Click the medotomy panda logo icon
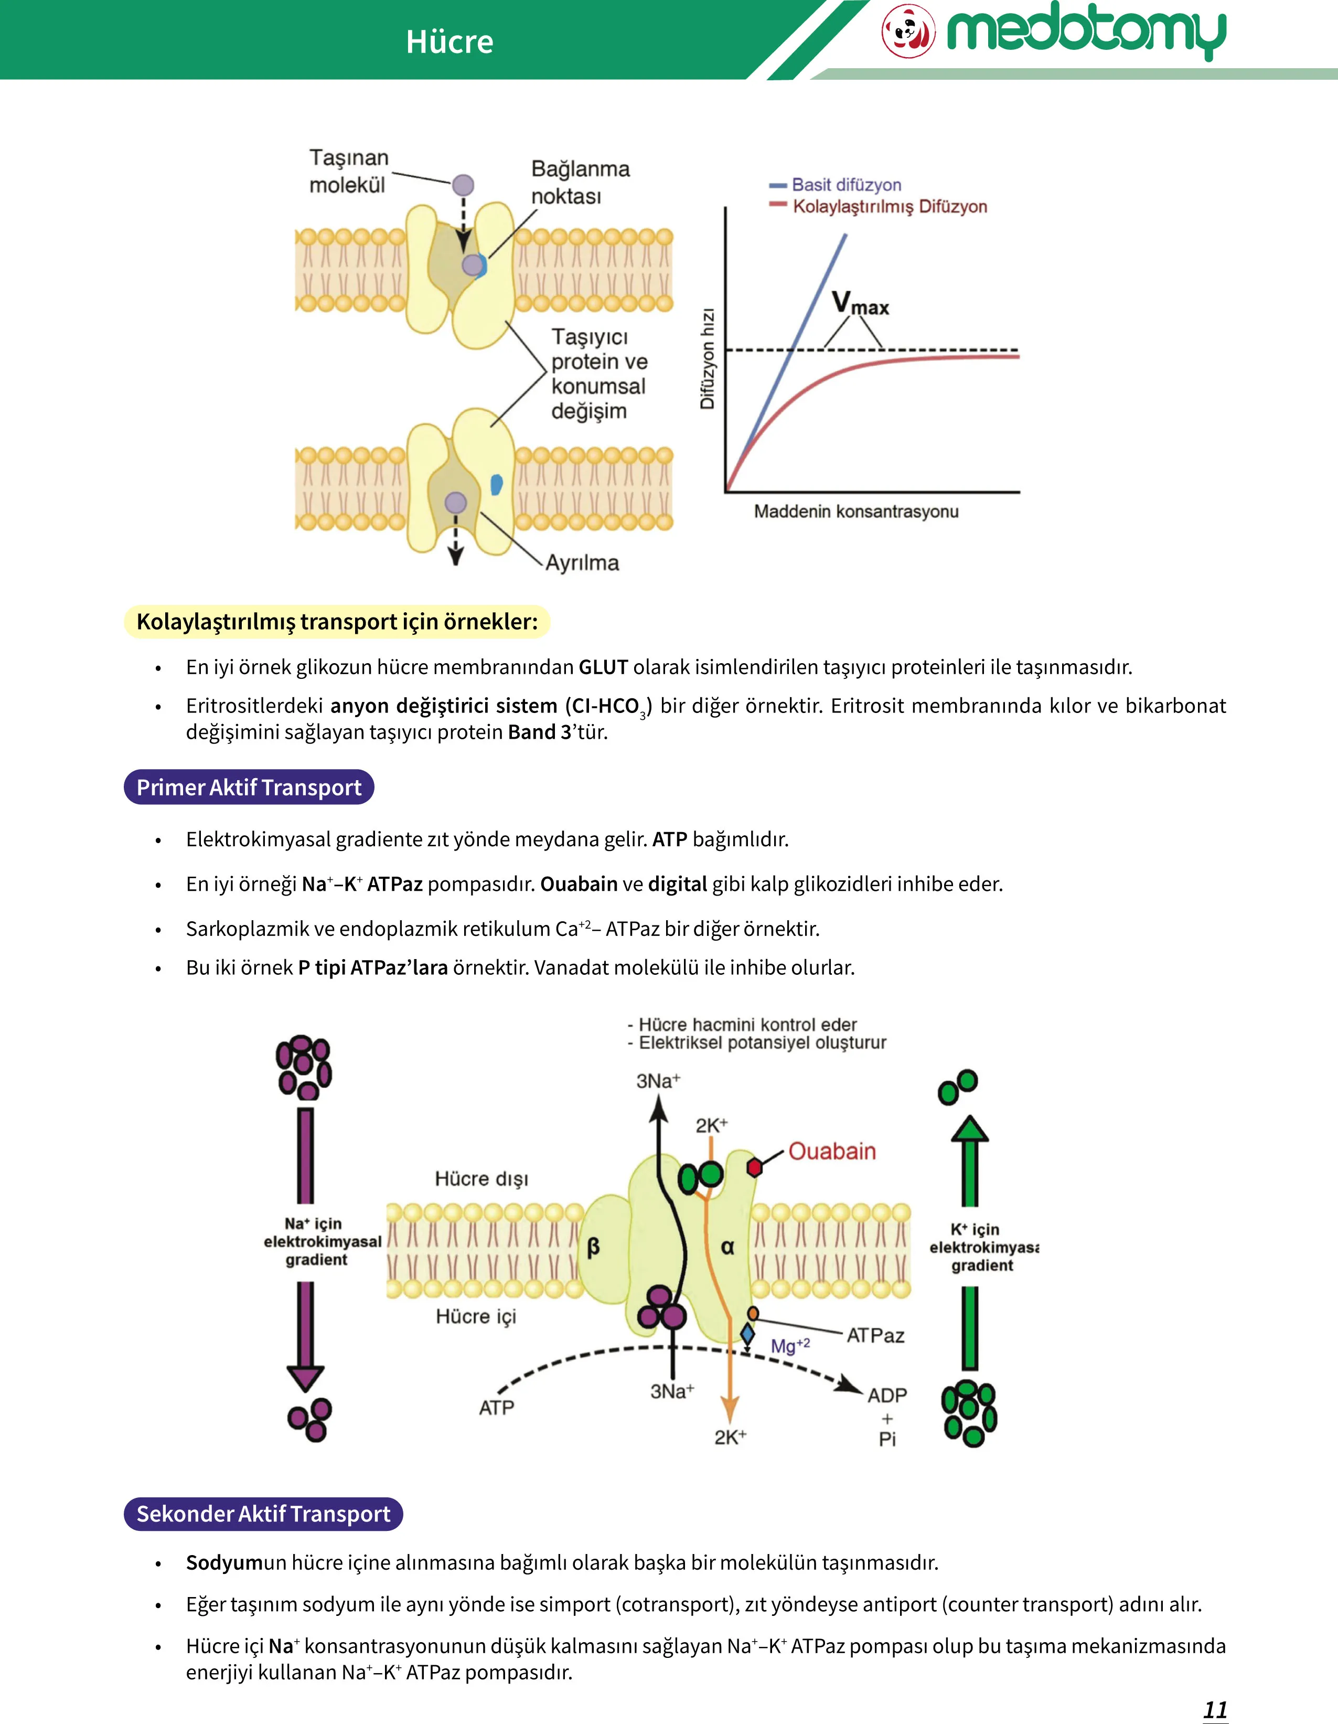pos(908,31)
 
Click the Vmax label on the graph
pos(860,303)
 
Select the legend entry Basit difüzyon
pos(836,185)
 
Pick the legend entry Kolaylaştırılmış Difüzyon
pos(879,207)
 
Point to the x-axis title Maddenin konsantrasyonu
pos(857,512)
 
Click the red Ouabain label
pos(832,1151)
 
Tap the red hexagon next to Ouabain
pos(755,1167)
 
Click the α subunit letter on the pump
pos(728,1247)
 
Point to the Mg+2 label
pos(790,1346)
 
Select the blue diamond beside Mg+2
pos(747,1335)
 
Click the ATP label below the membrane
pos(497,1408)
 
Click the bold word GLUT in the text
pos(603,667)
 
